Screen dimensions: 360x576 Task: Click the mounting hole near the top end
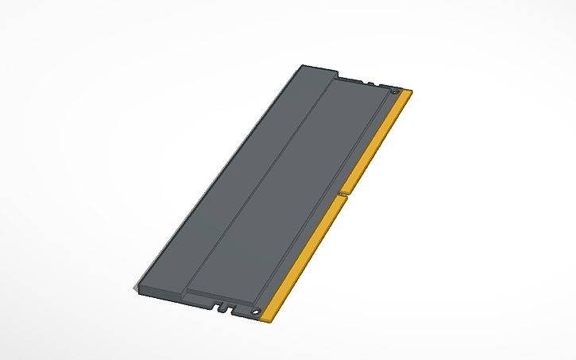(395, 93)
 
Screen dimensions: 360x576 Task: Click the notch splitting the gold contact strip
(341, 193)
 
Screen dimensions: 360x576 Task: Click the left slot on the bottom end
(215, 304)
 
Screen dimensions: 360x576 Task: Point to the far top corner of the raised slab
(303, 67)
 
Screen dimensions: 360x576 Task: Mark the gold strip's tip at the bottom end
(269, 319)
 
